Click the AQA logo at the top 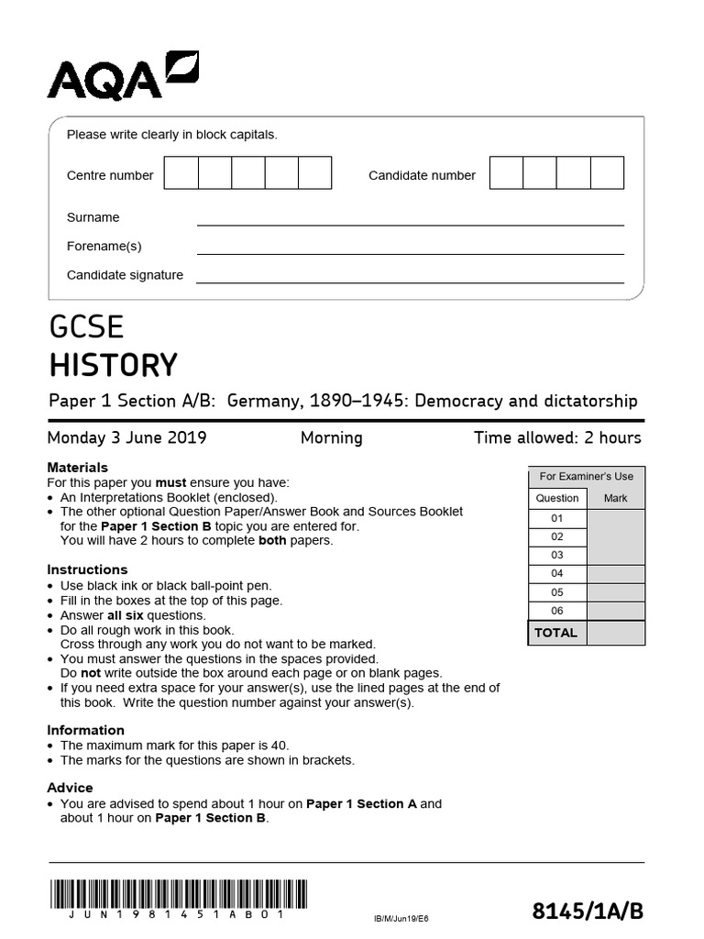[x=122, y=75]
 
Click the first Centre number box [x=181, y=173]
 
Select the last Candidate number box [x=607, y=173]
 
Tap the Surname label [x=93, y=217]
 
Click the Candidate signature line [x=410, y=282]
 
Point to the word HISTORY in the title [x=113, y=365]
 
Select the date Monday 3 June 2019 [x=126, y=437]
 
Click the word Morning [x=331, y=437]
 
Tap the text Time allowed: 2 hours [x=557, y=437]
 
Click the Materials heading [x=77, y=468]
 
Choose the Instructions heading [x=87, y=569]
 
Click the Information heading [x=85, y=730]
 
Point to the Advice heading [x=70, y=788]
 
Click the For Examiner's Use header [x=586, y=477]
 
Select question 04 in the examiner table [x=556, y=573]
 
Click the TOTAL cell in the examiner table [x=556, y=633]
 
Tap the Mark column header [x=615, y=498]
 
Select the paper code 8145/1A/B [x=588, y=911]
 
